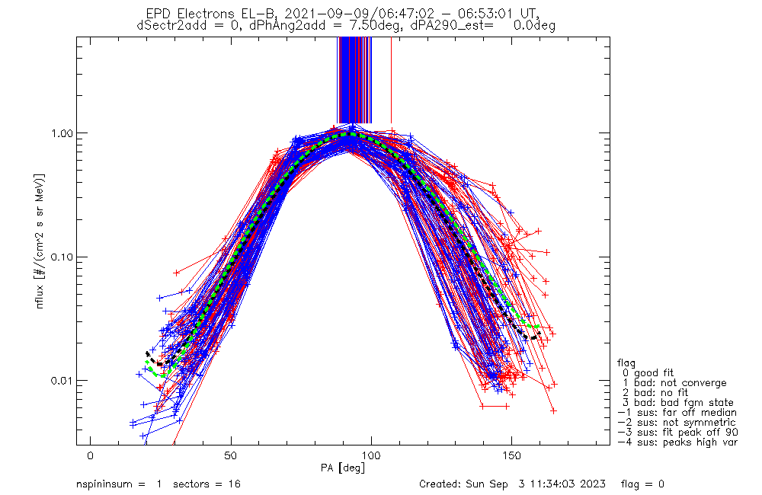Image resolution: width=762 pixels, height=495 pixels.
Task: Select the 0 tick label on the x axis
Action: pyautogui.click(x=91, y=455)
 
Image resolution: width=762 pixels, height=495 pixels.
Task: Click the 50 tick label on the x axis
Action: pyautogui.click(x=231, y=455)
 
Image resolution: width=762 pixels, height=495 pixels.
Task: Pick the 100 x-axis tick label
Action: pyautogui.click(x=371, y=455)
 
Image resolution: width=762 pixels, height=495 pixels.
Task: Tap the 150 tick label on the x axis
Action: pyautogui.click(x=512, y=455)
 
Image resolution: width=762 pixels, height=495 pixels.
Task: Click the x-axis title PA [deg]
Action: pyautogui.click(x=343, y=468)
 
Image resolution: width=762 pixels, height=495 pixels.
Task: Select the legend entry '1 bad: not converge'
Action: pyautogui.click(x=674, y=383)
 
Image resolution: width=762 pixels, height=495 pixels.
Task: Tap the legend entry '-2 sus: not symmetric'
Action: pyautogui.click(x=677, y=423)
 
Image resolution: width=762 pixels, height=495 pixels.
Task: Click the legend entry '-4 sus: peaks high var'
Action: pyautogui.click(x=677, y=442)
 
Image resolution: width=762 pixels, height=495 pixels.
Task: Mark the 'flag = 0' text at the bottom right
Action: pyautogui.click(x=642, y=484)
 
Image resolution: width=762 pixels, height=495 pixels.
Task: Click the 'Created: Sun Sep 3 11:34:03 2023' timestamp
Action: pyautogui.click(x=512, y=484)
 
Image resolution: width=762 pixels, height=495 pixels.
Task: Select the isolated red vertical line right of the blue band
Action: pyautogui.click(x=391, y=80)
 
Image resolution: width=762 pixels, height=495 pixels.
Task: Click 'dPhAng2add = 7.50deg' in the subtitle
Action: pyautogui.click(x=325, y=26)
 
